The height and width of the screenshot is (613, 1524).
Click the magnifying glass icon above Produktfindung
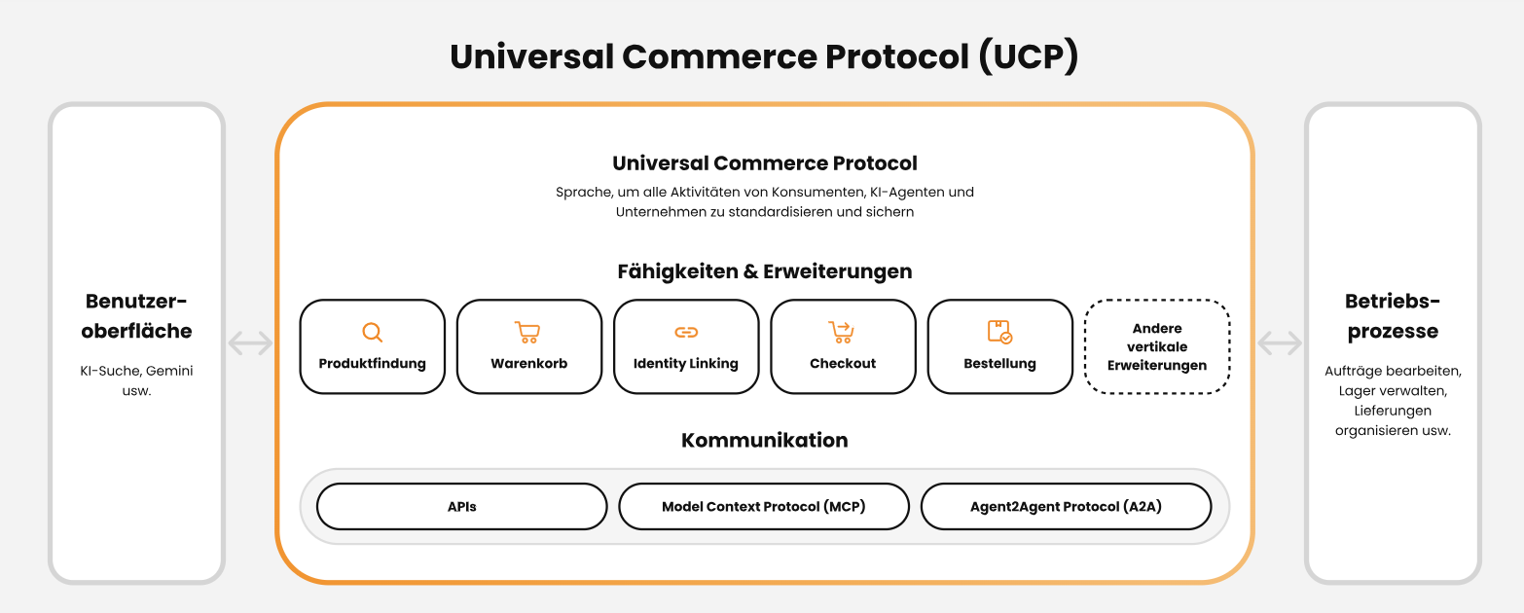(372, 333)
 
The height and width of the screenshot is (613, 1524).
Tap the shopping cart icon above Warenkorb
(528, 333)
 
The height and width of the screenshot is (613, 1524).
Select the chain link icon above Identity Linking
(686, 333)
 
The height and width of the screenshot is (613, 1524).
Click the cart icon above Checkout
(842, 333)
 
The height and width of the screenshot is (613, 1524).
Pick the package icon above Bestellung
(999, 333)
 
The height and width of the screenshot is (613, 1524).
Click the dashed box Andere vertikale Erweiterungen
(1157, 347)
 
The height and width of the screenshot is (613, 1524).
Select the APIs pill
(462, 507)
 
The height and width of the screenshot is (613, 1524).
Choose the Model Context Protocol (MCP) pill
(764, 507)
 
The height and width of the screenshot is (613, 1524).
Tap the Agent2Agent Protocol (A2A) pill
(1066, 507)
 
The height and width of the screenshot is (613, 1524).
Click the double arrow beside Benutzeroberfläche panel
(250, 343)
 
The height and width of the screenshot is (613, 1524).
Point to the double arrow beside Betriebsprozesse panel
(1280, 343)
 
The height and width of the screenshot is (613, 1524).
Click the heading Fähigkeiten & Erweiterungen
(765, 271)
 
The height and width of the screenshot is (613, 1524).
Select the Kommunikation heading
(765, 440)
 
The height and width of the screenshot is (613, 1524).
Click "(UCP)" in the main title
(1029, 56)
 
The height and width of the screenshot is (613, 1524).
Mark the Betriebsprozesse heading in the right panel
(1393, 315)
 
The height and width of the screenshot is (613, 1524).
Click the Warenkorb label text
(528, 364)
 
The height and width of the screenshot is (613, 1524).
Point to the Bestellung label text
(999, 364)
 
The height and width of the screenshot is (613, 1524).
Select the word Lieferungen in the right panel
(1393, 411)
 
